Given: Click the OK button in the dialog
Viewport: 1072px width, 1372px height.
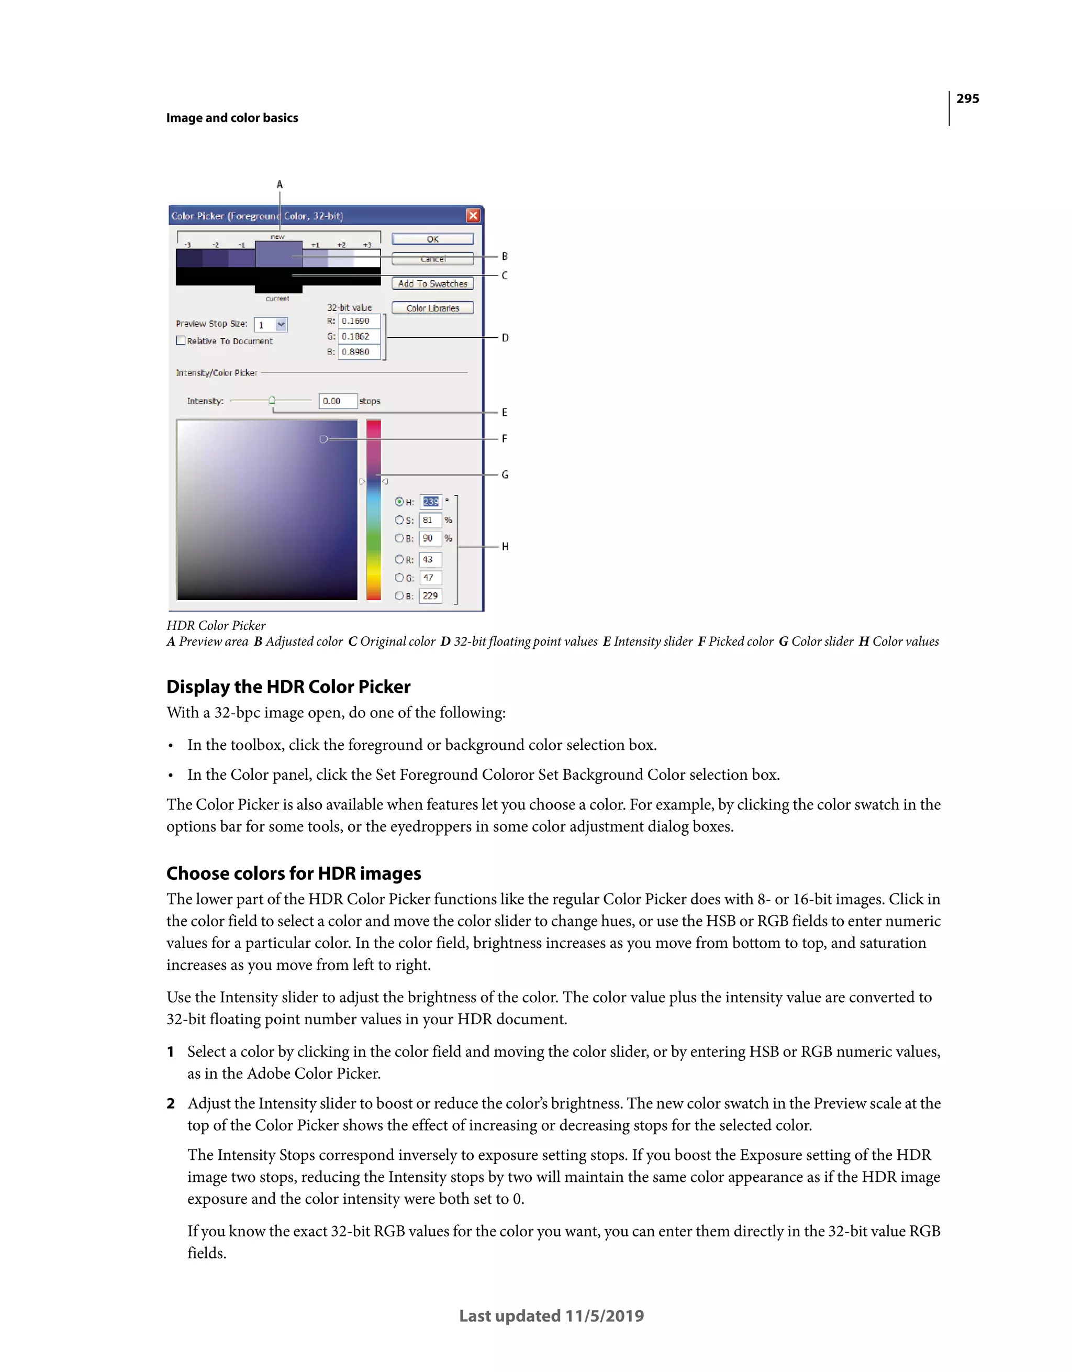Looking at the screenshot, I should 433,239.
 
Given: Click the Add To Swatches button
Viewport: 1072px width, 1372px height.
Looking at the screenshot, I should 433,284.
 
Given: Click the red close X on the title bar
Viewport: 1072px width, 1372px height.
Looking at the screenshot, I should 473,216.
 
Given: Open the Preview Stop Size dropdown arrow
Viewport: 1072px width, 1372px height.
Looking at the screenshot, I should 281,325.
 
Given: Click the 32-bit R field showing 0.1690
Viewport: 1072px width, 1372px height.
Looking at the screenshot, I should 359,321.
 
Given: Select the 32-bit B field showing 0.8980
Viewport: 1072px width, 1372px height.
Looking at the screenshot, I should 359,352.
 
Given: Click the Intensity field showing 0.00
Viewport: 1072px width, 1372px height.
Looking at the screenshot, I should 338,401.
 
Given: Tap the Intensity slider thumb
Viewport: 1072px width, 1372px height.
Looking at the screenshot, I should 272,400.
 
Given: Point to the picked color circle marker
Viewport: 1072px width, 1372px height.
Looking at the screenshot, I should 323,439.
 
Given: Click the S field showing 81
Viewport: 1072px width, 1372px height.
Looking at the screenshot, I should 430,520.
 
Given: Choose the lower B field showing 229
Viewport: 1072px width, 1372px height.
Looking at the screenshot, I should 430,595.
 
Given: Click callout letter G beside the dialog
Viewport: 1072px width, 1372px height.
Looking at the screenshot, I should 505,475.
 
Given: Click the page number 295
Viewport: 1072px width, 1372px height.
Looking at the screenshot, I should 967,98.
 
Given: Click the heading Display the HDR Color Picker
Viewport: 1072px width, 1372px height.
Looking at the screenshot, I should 288,687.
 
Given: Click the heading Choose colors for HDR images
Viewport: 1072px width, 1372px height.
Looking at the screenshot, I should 293,873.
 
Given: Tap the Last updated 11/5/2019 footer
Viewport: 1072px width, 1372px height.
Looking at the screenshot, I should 551,1315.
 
